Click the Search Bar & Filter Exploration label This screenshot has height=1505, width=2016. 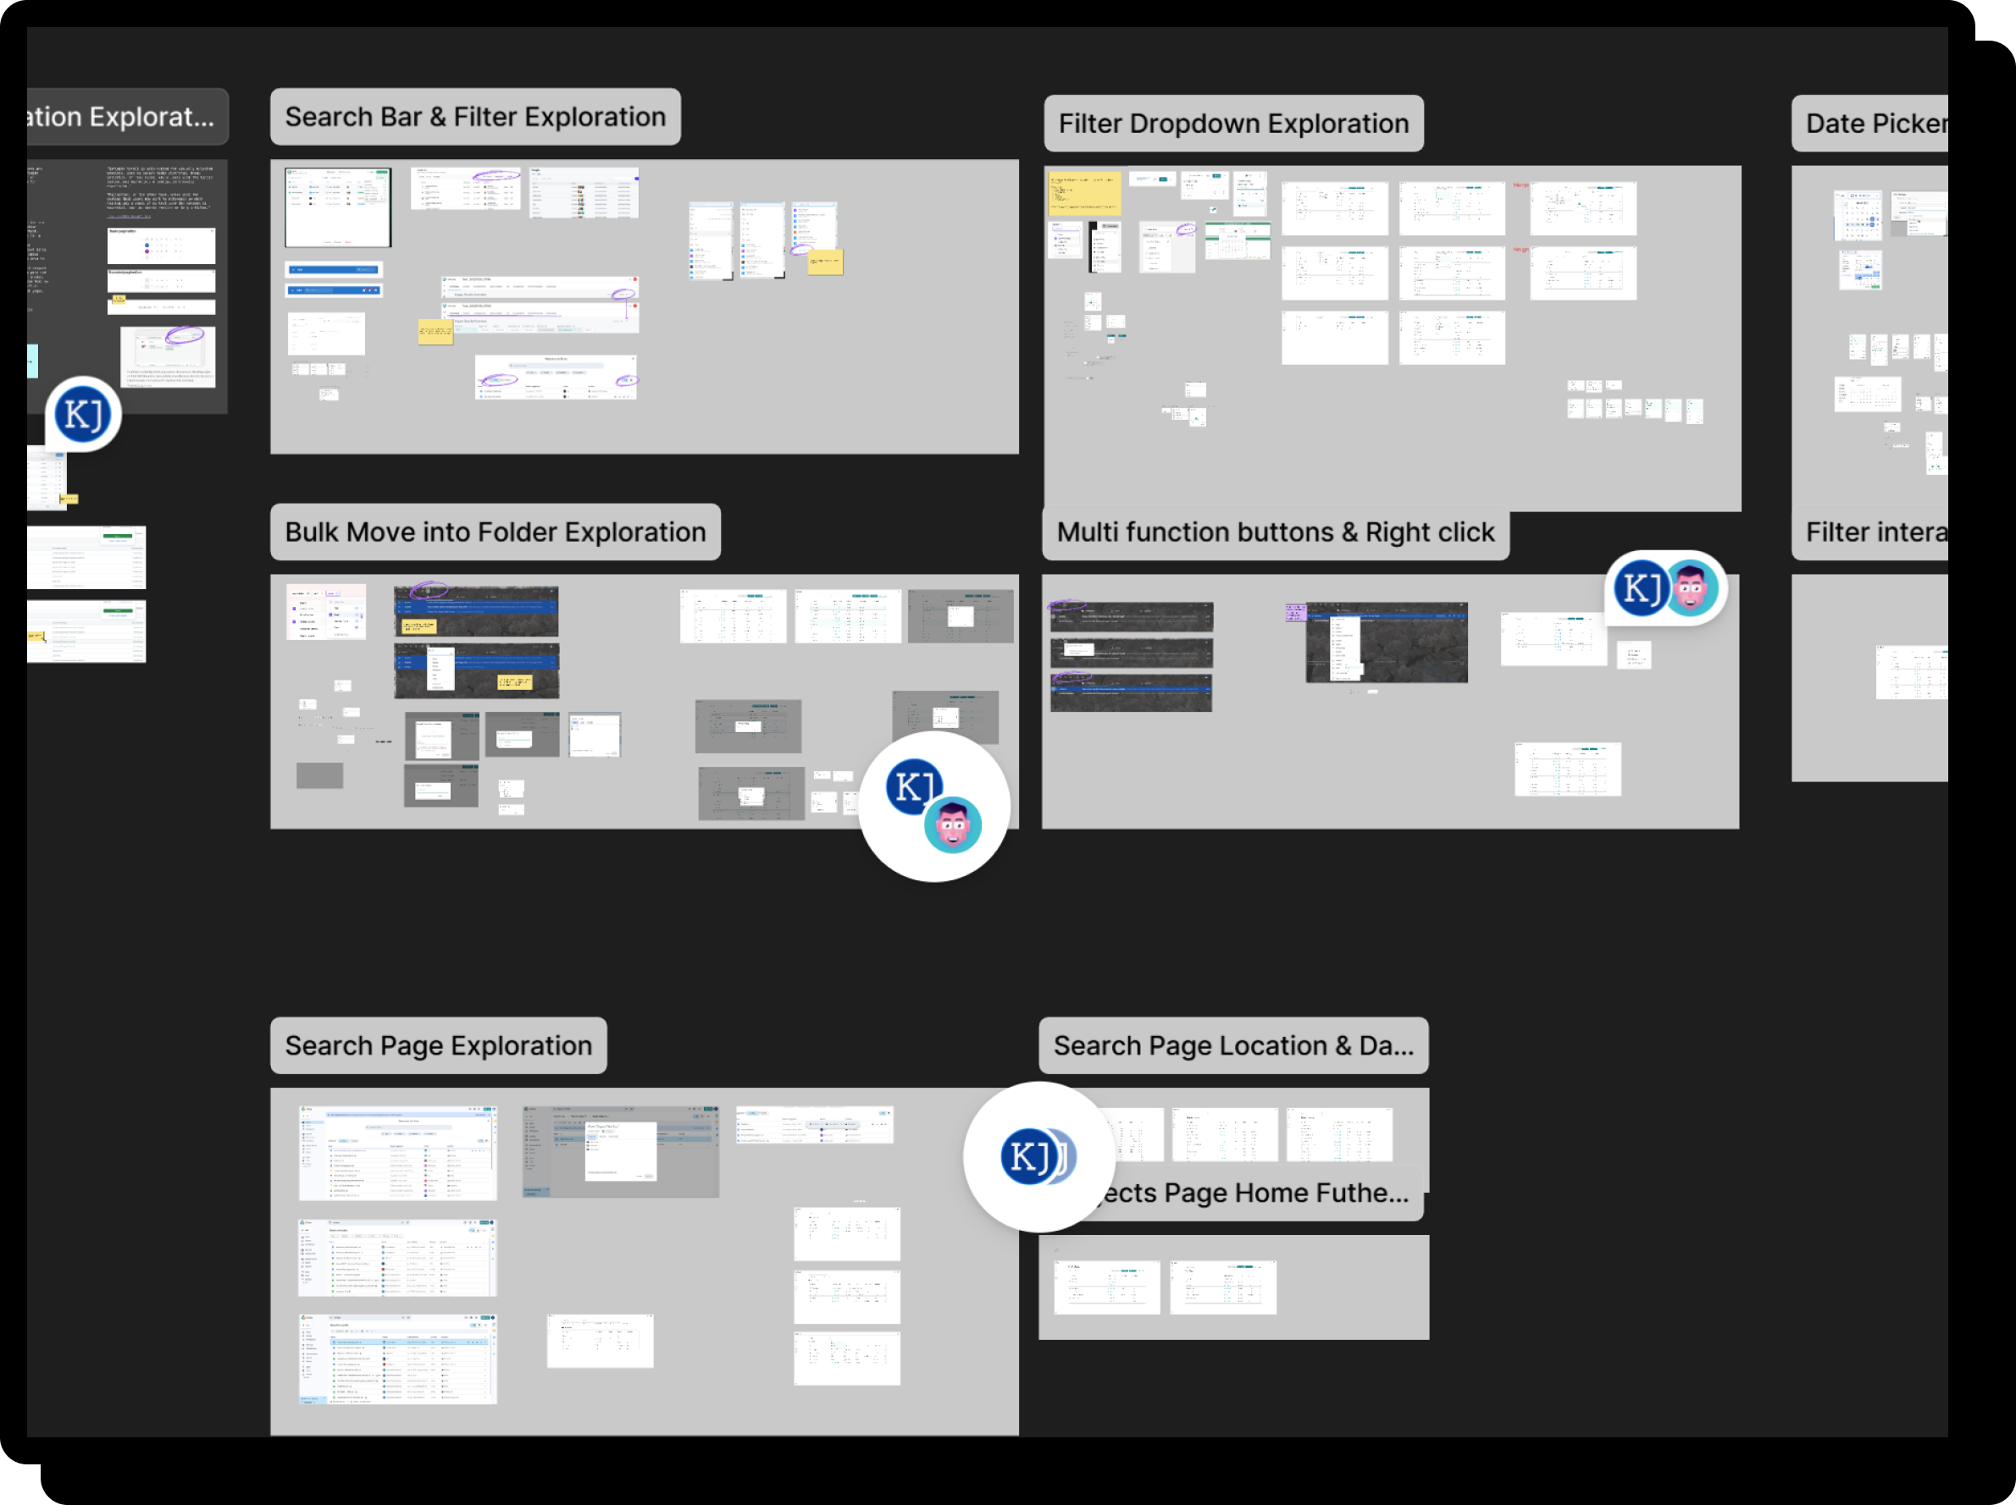click(x=475, y=118)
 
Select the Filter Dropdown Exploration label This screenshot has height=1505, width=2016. click(x=1233, y=124)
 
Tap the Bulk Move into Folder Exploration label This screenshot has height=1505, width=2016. click(x=495, y=533)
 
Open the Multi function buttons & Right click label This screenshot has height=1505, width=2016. click(x=1275, y=533)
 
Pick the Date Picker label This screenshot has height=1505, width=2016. click(x=1875, y=124)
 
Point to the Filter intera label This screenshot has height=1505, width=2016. click(x=1875, y=533)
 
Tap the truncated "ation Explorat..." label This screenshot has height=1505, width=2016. click(x=123, y=118)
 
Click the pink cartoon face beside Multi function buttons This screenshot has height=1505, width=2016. click(x=1692, y=588)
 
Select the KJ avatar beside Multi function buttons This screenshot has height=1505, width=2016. click(x=1640, y=588)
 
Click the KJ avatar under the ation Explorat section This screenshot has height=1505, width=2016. click(x=83, y=415)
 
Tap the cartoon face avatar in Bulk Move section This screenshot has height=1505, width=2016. click(x=953, y=825)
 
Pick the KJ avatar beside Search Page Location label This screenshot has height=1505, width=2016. click(x=1031, y=1157)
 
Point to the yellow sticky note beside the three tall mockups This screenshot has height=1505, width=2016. click(x=826, y=262)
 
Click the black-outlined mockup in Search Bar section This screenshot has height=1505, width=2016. click(x=338, y=207)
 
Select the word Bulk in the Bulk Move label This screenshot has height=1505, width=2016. click(x=312, y=533)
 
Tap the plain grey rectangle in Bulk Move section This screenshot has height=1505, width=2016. click(x=320, y=775)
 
